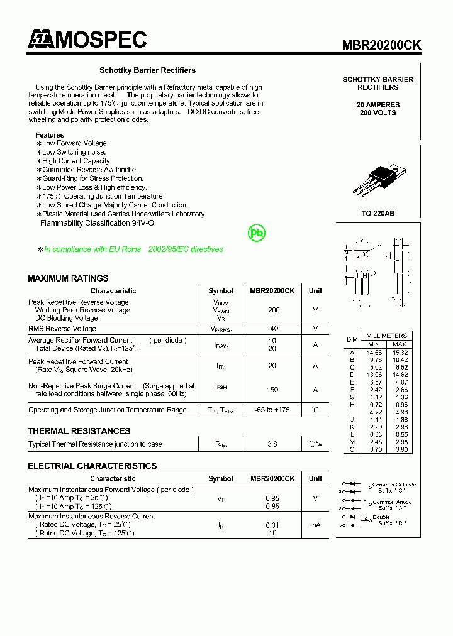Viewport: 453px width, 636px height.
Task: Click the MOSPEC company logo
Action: [x=87, y=40]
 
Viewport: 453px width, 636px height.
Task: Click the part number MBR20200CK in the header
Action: [x=381, y=45]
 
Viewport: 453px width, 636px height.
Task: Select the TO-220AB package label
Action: [x=377, y=214]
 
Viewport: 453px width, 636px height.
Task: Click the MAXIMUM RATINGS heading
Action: [x=68, y=278]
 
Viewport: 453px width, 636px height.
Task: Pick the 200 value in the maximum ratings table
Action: [x=273, y=310]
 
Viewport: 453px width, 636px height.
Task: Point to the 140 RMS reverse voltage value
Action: [x=272, y=329]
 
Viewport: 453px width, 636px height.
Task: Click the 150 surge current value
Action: [x=272, y=390]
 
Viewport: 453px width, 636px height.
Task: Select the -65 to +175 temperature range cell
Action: [x=272, y=410]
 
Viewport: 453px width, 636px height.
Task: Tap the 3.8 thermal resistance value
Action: [x=272, y=444]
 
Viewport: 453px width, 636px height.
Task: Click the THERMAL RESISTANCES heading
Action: [x=79, y=431]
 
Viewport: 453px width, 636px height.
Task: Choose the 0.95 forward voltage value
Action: [x=272, y=498]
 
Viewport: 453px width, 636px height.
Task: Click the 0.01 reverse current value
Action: [x=272, y=525]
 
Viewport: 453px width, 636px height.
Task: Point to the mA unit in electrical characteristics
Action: [x=315, y=525]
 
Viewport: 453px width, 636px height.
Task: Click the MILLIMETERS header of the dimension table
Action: [x=386, y=336]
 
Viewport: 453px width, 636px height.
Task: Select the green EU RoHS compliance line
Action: [x=130, y=249]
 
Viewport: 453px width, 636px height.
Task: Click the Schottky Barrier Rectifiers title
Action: [x=147, y=70]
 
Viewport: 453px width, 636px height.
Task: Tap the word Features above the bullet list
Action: [x=50, y=135]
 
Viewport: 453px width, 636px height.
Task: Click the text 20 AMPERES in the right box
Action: [x=377, y=105]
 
